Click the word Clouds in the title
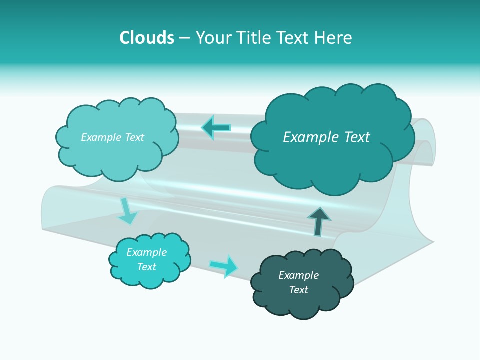click(147, 37)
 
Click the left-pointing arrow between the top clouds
click(216, 128)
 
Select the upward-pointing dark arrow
click(319, 222)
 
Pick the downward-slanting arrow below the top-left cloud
click(128, 211)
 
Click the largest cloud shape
click(333, 139)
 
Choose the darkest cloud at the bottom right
click(302, 284)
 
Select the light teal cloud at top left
click(117, 139)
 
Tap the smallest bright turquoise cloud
click(149, 261)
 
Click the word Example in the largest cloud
click(311, 137)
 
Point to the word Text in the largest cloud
click(357, 137)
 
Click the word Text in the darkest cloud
click(299, 289)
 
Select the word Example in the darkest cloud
click(299, 275)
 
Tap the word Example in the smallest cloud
click(147, 252)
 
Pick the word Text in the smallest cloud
click(147, 266)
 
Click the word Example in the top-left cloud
click(101, 137)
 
